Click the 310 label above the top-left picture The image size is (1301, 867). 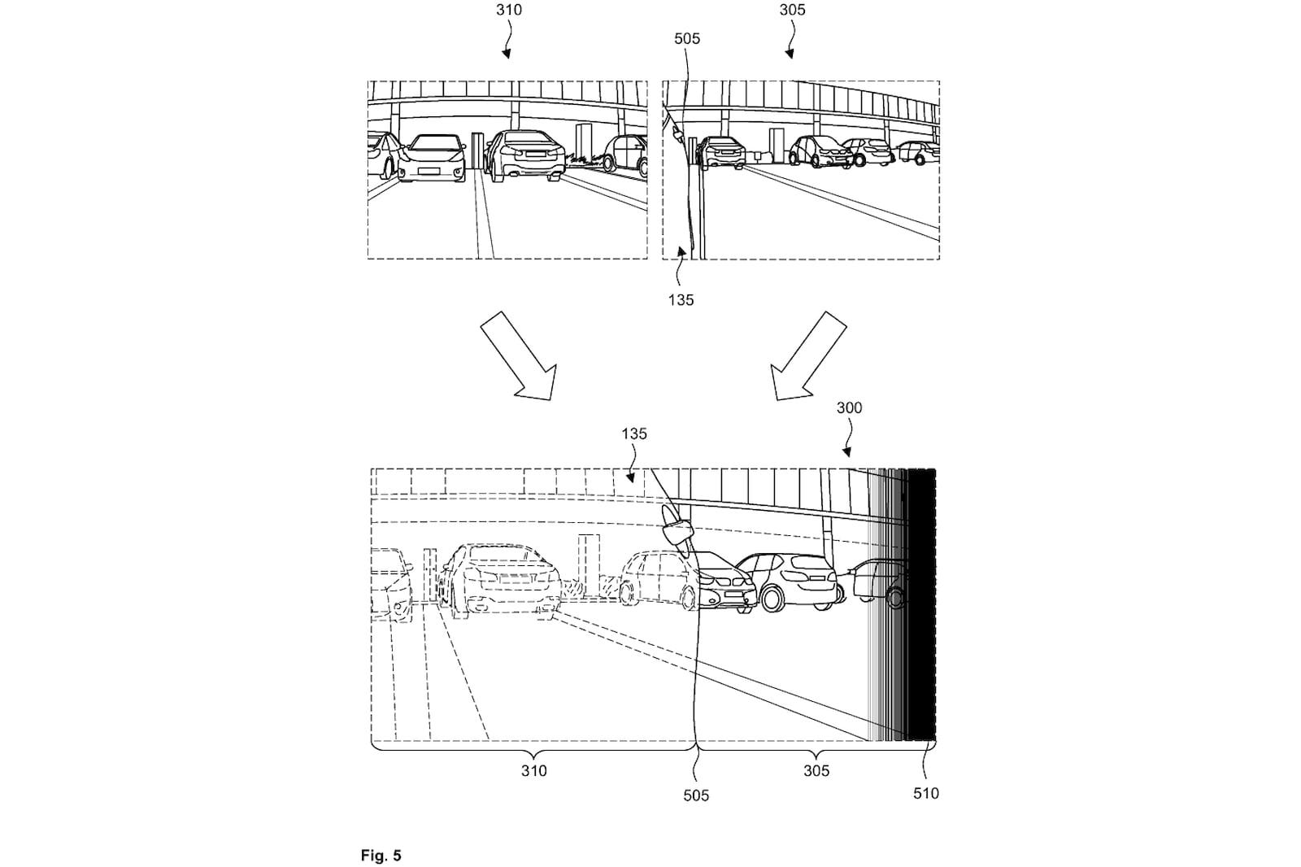click(x=509, y=10)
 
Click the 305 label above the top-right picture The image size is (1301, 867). click(x=792, y=10)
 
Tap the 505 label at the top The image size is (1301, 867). click(x=686, y=38)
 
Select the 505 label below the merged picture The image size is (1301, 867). click(x=696, y=795)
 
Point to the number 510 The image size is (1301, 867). click(x=925, y=793)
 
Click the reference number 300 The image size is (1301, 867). click(x=849, y=407)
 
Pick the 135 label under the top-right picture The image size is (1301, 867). click(x=681, y=300)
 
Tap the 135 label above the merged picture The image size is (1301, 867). click(x=634, y=433)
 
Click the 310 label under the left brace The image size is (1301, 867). click(x=533, y=770)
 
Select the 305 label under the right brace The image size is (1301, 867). click(x=816, y=770)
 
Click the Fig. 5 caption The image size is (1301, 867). click(x=381, y=856)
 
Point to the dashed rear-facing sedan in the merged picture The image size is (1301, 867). click(x=499, y=582)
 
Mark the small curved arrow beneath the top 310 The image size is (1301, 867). click(x=507, y=41)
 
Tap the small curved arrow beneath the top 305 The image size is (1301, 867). click(x=789, y=41)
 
